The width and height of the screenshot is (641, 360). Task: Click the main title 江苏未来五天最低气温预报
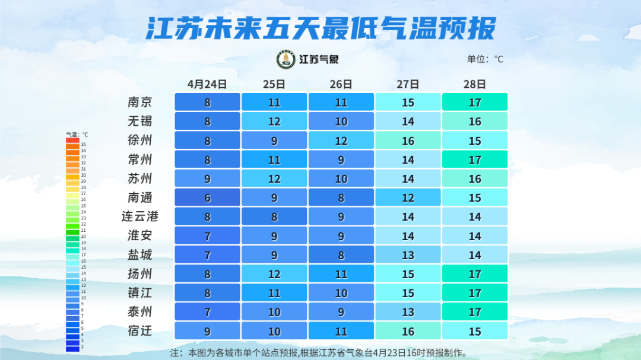click(x=320, y=28)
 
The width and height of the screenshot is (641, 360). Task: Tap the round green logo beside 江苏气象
click(x=286, y=59)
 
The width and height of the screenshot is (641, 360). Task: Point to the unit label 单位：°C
click(x=485, y=59)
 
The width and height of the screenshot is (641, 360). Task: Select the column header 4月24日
click(x=207, y=84)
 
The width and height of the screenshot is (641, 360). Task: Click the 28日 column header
click(x=475, y=84)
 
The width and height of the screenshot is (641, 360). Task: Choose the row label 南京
click(x=140, y=102)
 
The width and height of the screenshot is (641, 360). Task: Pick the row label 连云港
click(x=140, y=216)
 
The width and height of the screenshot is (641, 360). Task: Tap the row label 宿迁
click(x=140, y=330)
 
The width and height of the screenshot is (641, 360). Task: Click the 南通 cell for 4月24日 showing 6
click(x=207, y=197)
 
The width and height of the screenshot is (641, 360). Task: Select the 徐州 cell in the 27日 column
click(x=408, y=141)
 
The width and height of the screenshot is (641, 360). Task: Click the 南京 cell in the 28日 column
click(x=475, y=102)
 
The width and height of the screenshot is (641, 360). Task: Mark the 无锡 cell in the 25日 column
click(x=274, y=122)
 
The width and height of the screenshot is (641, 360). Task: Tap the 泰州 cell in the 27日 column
click(x=408, y=311)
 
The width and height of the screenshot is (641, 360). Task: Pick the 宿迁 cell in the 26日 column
click(x=341, y=330)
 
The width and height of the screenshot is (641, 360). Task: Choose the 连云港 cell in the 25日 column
click(x=274, y=216)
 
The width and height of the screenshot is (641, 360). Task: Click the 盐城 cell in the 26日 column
click(x=341, y=254)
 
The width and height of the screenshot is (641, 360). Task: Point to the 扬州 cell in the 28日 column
click(x=475, y=273)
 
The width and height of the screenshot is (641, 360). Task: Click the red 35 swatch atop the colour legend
click(x=72, y=141)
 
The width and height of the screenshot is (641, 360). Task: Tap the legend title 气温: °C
click(x=77, y=134)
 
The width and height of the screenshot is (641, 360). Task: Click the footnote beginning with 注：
click(x=319, y=352)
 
